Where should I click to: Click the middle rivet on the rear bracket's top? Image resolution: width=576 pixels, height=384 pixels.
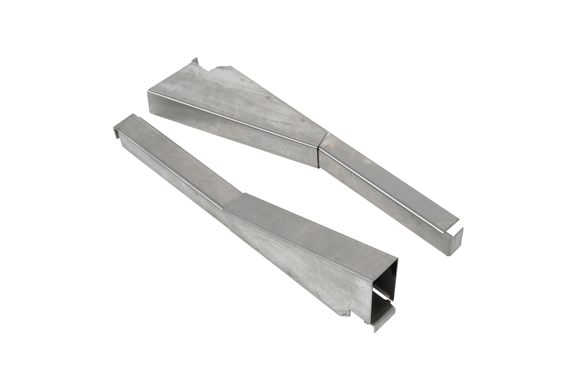268,98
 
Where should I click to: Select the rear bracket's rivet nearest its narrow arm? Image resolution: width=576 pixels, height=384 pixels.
303,120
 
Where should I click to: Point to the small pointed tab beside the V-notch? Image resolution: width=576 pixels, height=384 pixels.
193,62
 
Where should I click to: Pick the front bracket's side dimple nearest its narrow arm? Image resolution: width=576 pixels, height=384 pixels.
257,249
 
